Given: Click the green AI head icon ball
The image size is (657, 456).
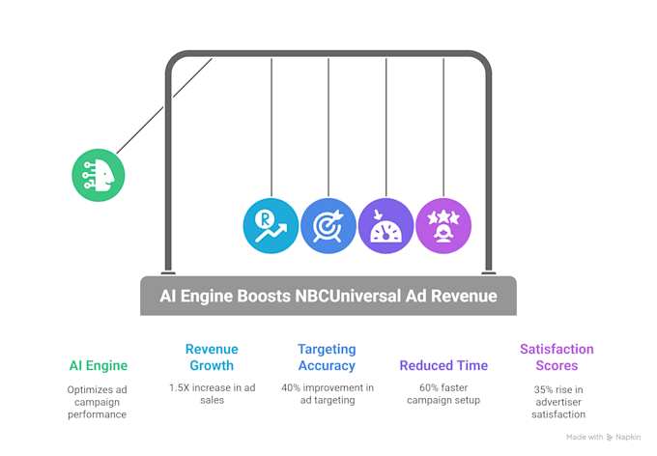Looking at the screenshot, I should click(x=99, y=175).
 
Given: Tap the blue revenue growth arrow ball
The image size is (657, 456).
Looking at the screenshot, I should click(x=271, y=225).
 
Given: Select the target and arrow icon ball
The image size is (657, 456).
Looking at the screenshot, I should click(x=328, y=225).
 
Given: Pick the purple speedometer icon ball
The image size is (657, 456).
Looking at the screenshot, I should click(x=386, y=225).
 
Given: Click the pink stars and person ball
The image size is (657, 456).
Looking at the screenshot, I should click(x=443, y=225).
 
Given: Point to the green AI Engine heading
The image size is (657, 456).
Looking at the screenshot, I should click(x=98, y=366).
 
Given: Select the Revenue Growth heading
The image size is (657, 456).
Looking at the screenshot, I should click(x=212, y=357).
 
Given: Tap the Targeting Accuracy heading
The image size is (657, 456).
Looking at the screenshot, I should click(x=327, y=357).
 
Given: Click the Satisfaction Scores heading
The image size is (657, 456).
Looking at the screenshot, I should click(x=557, y=357).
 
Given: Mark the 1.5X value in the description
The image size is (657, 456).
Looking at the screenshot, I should click(x=182, y=387).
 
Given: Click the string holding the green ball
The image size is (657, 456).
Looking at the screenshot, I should click(x=164, y=105).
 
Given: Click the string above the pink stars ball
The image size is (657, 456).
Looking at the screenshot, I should click(x=443, y=126).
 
